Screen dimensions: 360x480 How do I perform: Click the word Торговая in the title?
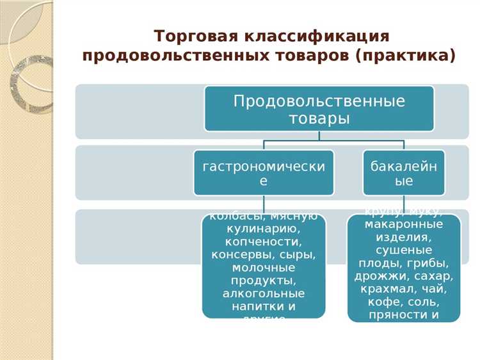click(x=188, y=35)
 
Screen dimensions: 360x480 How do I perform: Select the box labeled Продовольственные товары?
click(x=319, y=109)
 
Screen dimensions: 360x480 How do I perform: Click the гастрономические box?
click(x=263, y=173)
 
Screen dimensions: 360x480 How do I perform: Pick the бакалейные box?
click(x=403, y=173)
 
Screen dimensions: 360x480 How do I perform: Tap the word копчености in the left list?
click(x=263, y=242)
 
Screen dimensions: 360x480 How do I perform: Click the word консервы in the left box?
click(x=238, y=255)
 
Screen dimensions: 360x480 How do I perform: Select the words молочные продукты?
click(x=263, y=274)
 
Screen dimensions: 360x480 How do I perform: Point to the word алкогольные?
click(x=263, y=293)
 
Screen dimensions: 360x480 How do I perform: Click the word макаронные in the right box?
click(x=403, y=225)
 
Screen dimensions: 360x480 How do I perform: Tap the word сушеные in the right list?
click(x=403, y=250)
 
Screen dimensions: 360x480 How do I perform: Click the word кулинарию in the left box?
click(x=263, y=229)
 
